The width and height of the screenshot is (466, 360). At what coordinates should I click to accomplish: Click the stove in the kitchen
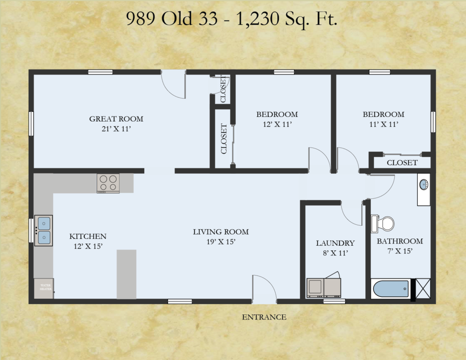pyautogui.click(x=108, y=183)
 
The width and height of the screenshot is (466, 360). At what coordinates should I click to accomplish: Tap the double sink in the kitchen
pyautogui.click(x=44, y=231)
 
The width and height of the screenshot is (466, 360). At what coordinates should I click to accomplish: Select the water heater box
pyautogui.click(x=44, y=288)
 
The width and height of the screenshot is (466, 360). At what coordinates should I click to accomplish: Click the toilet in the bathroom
pyautogui.click(x=382, y=223)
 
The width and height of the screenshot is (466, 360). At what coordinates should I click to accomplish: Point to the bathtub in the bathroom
pyautogui.click(x=391, y=289)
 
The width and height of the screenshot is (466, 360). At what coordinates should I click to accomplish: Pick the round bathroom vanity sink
pyautogui.click(x=424, y=185)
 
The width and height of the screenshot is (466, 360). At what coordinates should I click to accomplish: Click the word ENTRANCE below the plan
pyautogui.click(x=264, y=317)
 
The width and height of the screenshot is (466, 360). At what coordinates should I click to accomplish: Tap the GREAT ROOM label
pyautogui.click(x=116, y=119)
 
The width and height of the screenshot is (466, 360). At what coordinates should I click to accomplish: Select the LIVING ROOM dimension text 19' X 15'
pyautogui.click(x=221, y=242)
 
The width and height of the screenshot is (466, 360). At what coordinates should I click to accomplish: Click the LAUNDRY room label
pyautogui.click(x=335, y=243)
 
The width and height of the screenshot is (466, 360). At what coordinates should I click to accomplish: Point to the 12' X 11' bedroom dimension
pyautogui.click(x=277, y=124)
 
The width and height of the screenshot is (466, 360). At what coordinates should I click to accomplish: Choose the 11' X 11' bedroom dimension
pyautogui.click(x=384, y=124)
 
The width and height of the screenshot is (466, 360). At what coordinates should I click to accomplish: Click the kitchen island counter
pyautogui.click(x=127, y=274)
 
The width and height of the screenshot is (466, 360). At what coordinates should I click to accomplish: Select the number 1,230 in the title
pyautogui.click(x=258, y=18)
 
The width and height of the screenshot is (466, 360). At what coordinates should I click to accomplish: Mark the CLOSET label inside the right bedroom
pyautogui.click(x=402, y=162)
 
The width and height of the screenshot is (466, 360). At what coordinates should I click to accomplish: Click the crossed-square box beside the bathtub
pyautogui.click(x=423, y=288)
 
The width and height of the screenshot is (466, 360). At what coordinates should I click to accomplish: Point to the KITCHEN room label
pyautogui.click(x=88, y=236)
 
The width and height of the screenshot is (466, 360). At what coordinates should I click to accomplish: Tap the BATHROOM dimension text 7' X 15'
pyautogui.click(x=400, y=251)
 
